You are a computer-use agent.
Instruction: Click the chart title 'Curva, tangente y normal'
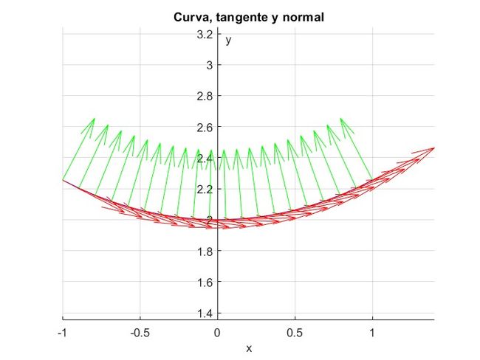tap(248, 16)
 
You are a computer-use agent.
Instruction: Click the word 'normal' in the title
tap(304, 16)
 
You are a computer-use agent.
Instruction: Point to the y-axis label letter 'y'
tap(229, 41)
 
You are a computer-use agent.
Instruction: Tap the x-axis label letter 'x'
tap(249, 347)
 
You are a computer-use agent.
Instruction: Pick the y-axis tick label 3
tap(209, 65)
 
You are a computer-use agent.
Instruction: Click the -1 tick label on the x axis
tap(62, 333)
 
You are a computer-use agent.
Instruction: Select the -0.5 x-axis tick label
tap(138, 333)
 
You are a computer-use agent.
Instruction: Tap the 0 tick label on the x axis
tap(217, 333)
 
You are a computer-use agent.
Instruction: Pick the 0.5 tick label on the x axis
tap(295, 333)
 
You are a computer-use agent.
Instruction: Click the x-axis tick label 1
tap(372, 333)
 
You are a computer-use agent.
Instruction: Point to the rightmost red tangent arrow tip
tap(433, 148)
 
